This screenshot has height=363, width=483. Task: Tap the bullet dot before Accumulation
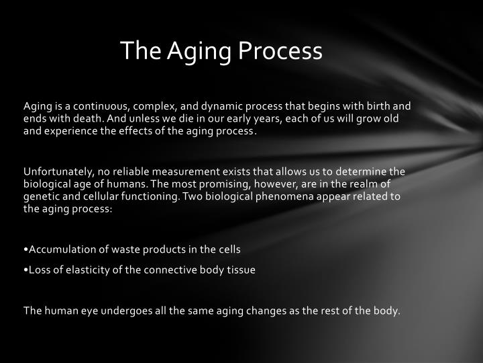coord(25,249)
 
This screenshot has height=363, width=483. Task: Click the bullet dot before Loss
coord(25,269)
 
